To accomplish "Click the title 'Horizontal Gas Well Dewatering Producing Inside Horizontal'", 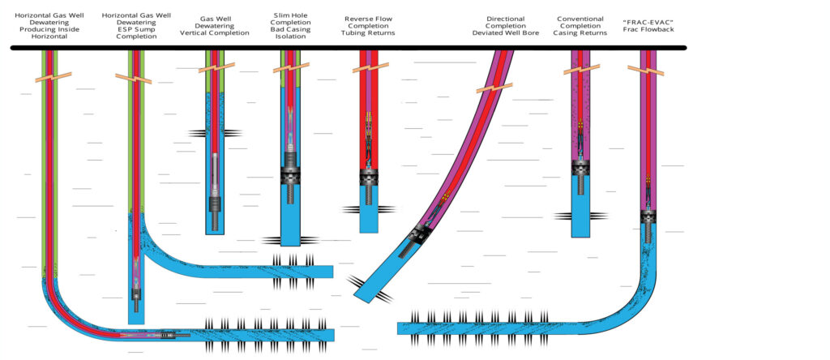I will [52, 27].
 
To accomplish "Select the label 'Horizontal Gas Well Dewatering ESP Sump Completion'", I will [136, 27].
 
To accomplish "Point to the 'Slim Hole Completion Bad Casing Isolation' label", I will [291, 27].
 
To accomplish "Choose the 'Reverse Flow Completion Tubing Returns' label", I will [370, 27].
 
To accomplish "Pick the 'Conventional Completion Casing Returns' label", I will [580, 27].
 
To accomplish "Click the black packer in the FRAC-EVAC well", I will [649, 216].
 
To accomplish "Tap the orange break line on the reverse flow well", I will [370, 67].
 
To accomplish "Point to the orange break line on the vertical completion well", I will [215, 66].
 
